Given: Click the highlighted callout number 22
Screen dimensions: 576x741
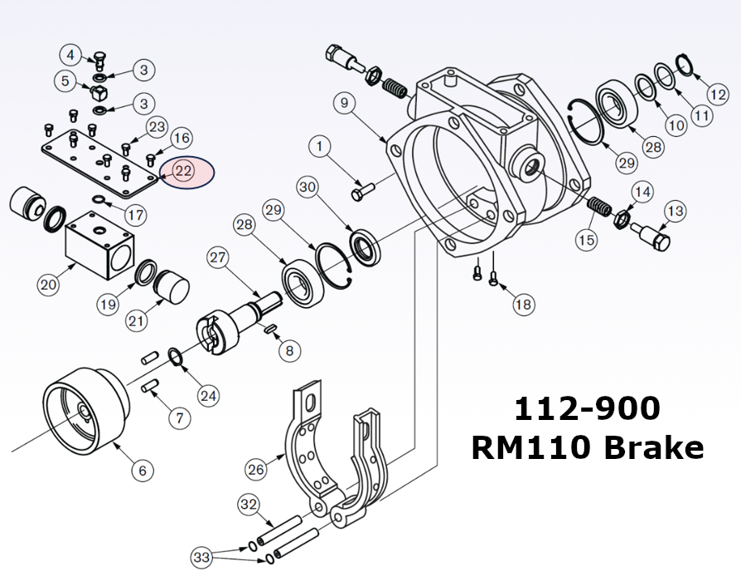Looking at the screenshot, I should pyautogui.click(x=183, y=172).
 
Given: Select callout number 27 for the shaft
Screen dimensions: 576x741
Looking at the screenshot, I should pyautogui.click(x=217, y=257).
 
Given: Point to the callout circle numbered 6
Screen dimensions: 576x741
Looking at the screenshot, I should pyautogui.click(x=142, y=471).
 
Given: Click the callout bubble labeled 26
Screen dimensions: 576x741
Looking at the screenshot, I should pyautogui.click(x=257, y=469).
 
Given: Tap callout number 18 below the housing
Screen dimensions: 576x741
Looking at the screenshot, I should pyautogui.click(x=522, y=305).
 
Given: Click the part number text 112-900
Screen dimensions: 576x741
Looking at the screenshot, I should pyautogui.click(x=587, y=409).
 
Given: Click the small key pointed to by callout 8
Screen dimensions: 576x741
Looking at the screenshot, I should pyautogui.click(x=270, y=330).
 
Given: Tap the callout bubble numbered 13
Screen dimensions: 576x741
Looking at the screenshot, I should pyautogui.click(x=675, y=212).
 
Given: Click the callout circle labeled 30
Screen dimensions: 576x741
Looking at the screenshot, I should pyautogui.click(x=308, y=188).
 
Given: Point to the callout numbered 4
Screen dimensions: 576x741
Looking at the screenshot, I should pyautogui.click(x=71, y=56).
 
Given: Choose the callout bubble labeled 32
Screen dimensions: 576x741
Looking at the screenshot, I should pyautogui.click(x=249, y=504).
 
